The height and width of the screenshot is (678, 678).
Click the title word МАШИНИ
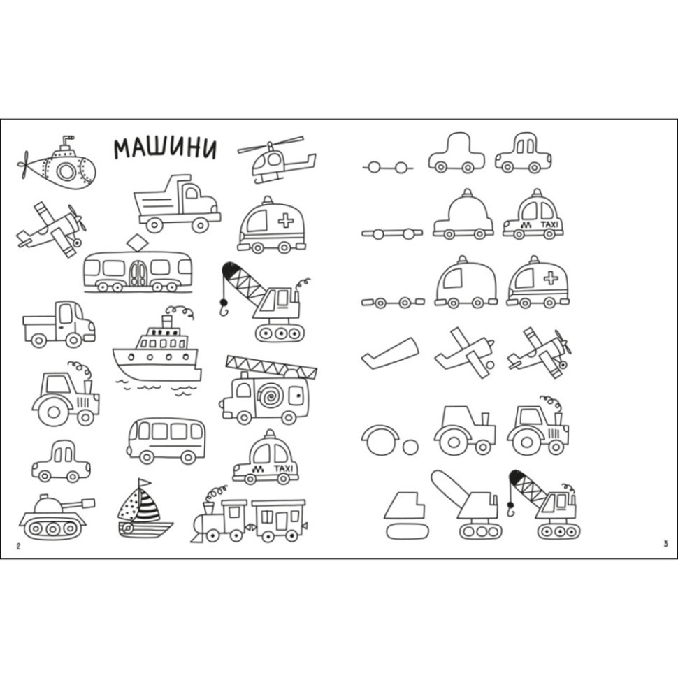(x=165, y=148)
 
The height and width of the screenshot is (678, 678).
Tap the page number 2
(x=18, y=546)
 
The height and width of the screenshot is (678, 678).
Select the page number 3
(x=666, y=544)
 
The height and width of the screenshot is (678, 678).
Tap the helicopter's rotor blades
(x=271, y=145)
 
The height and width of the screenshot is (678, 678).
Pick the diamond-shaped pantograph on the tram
(x=137, y=243)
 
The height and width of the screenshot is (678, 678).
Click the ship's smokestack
(x=167, y=322)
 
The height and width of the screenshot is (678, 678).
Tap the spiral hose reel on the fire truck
(x=271, y=394)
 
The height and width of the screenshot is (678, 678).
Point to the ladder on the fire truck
(x=271, y=367)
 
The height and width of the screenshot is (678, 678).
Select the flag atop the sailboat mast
(x=145, y=482)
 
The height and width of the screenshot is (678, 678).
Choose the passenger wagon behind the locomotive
(x=278, y=520)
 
